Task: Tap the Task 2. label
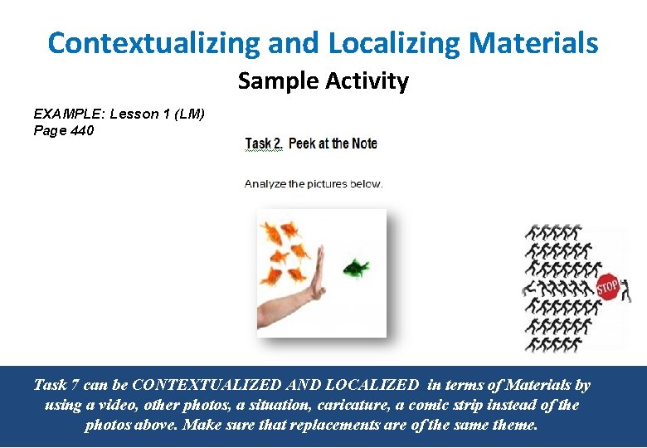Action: click(264, 144)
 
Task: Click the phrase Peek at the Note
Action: click(333, 144)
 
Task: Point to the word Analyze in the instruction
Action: click(264, 183)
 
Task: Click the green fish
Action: click(356, 267)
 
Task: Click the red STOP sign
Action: click(607, 288)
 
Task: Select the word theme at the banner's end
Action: click(514, 425)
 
